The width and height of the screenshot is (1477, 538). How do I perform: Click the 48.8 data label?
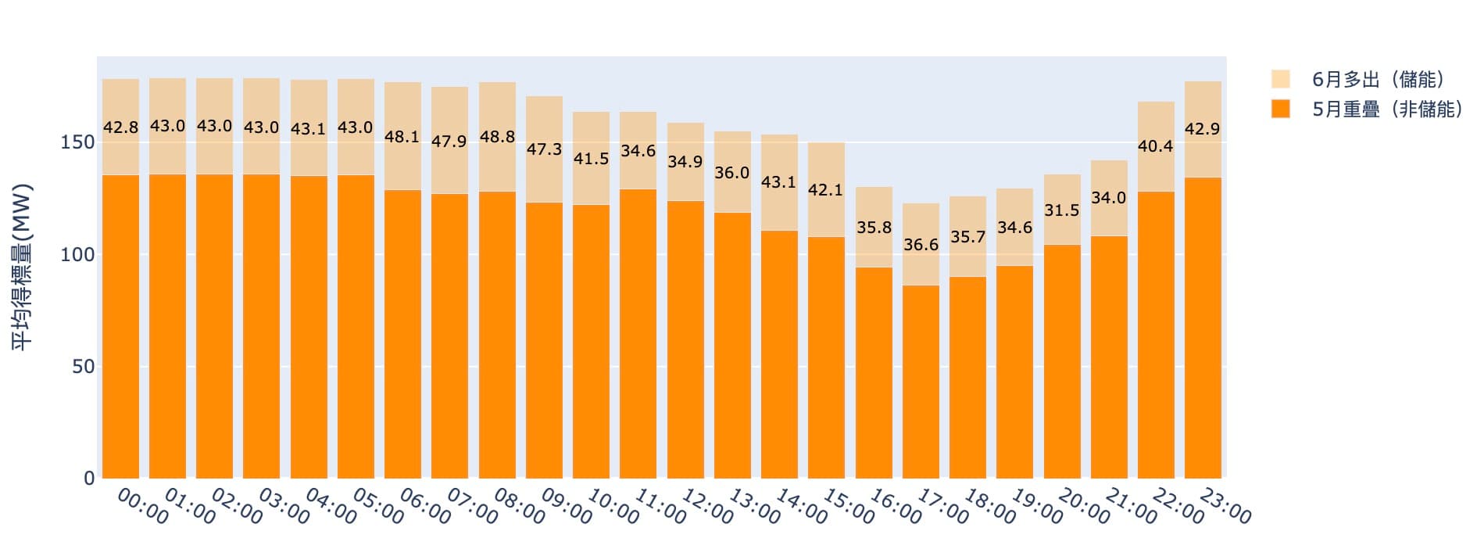(497, 137)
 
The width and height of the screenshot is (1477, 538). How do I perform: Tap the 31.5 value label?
(1061, 210)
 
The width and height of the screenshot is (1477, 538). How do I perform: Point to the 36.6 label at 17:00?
(921, 245)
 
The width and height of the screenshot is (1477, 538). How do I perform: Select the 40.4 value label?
(1155, 146)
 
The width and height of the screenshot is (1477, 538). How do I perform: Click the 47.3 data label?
(544, 149)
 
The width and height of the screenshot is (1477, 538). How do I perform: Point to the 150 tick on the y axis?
(77, 143)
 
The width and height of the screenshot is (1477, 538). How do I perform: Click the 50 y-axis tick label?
(82, 367)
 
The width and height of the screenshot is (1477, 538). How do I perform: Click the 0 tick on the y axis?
(88, 479)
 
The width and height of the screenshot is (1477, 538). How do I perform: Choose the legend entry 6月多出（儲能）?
(1377, 80)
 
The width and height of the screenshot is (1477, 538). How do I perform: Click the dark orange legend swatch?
(1280, 109)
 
